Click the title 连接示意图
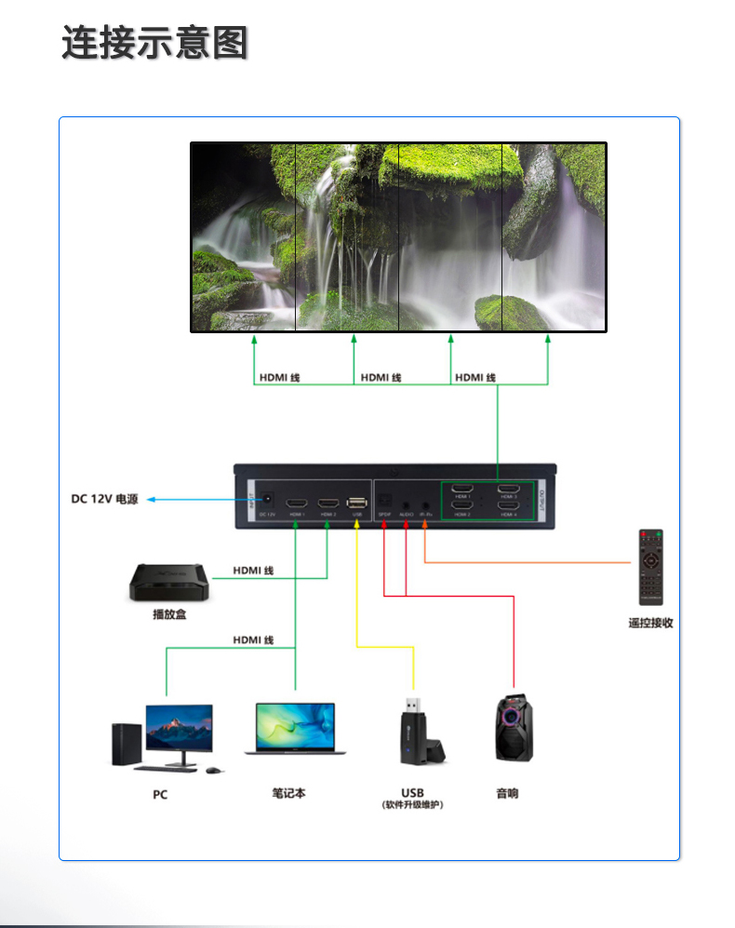(x=154, y=43)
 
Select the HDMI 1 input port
(x=296, y=503)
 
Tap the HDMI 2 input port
(x=327, y=503)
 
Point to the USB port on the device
(x=357, y=503)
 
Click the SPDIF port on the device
(x=385, y=500)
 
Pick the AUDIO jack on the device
(x=406, y=501)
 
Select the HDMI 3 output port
(x=508, y=490)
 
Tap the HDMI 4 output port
(x=508, y=505)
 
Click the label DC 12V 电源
(x=104, y=500)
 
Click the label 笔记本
(x=288, y=793)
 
